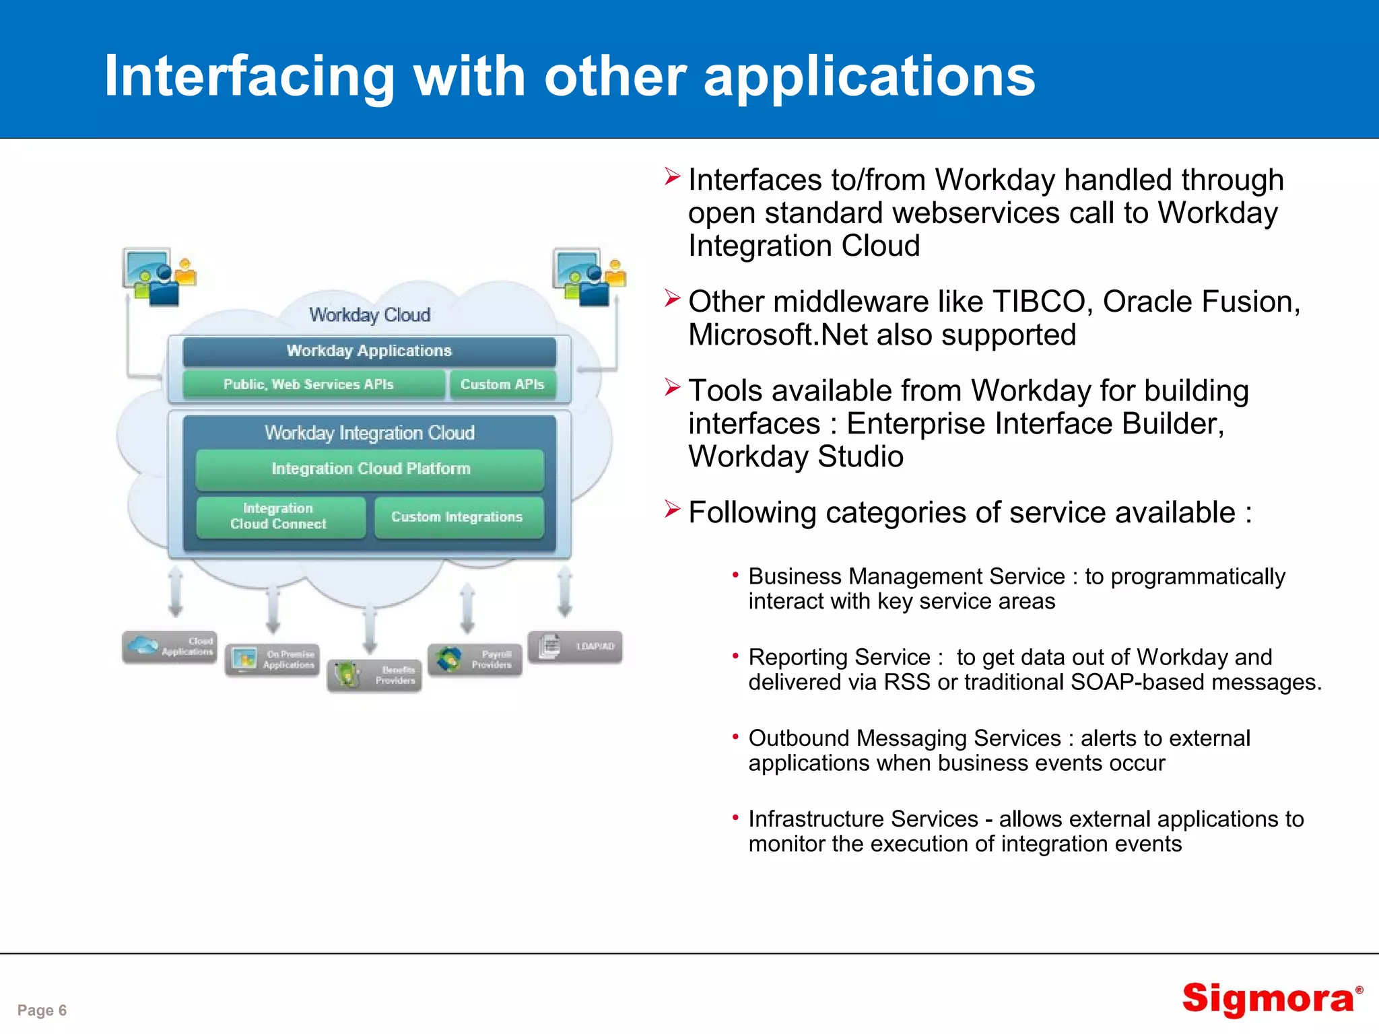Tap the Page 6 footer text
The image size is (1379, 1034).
coord(42,1010)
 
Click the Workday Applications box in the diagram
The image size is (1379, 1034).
coord(369,351)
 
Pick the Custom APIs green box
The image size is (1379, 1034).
coord(502,384)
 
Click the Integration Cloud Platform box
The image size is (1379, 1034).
coord(370,469)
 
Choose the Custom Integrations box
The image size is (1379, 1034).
coord(458,517)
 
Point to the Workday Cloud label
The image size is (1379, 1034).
coord(370,315)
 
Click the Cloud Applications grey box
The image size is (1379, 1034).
coord(170,647)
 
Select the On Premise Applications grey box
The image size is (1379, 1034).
coord(273,660)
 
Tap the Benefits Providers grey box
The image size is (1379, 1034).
coord(375,675)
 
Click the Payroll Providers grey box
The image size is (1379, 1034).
coord(475,660)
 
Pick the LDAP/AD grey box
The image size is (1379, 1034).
coord(575,647)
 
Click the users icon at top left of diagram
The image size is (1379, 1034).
coord(158,277)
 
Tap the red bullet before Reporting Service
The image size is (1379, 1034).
coord(735,656)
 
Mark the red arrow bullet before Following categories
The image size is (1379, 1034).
coord(672,510)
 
